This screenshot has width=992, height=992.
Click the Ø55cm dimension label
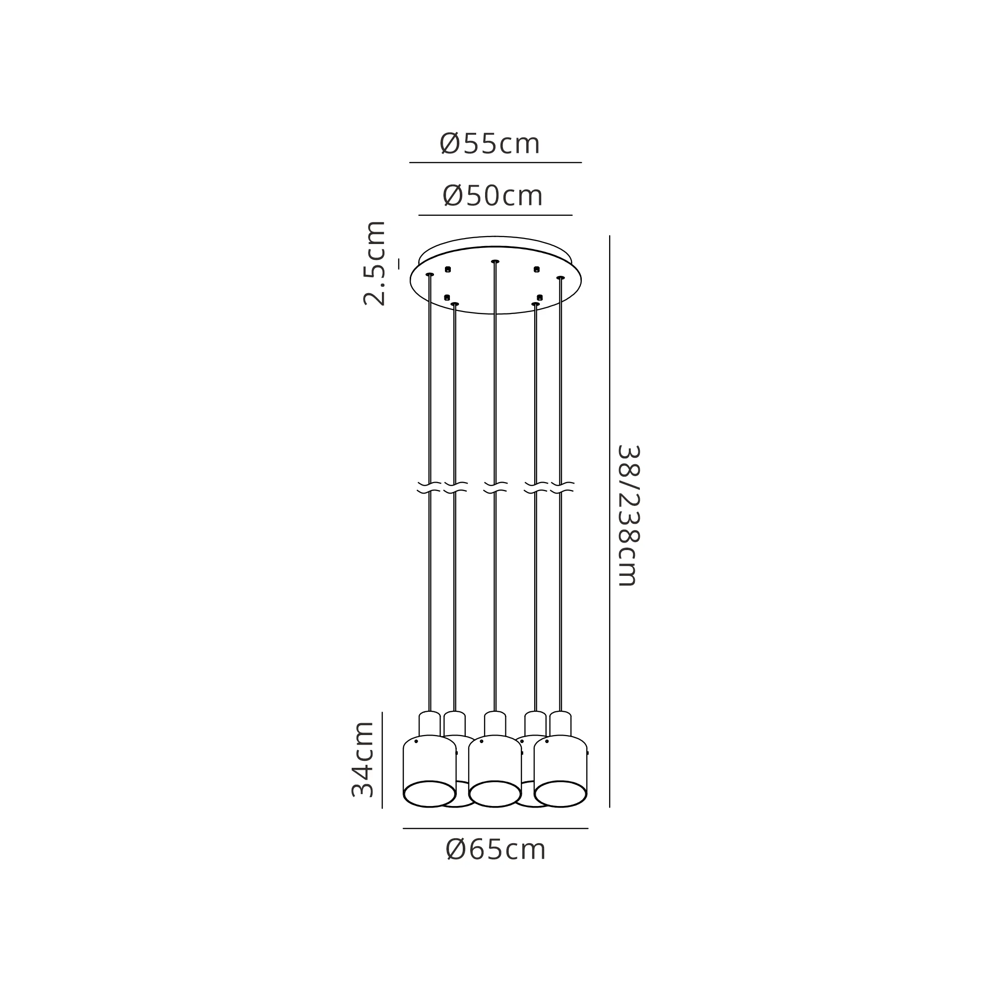pos(490,144)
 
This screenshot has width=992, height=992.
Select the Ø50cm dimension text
pos(493,195)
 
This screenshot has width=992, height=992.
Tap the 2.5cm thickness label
pos(374,263)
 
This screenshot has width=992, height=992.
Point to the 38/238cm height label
pos(629,515)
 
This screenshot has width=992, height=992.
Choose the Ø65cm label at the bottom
pos(496,850)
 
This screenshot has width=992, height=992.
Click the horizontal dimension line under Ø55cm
pos(496,163)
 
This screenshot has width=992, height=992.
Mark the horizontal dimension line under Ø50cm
pos(496,215)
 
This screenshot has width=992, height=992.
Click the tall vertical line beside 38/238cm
pos(610,522)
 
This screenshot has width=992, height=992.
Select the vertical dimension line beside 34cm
pos(382,760)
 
